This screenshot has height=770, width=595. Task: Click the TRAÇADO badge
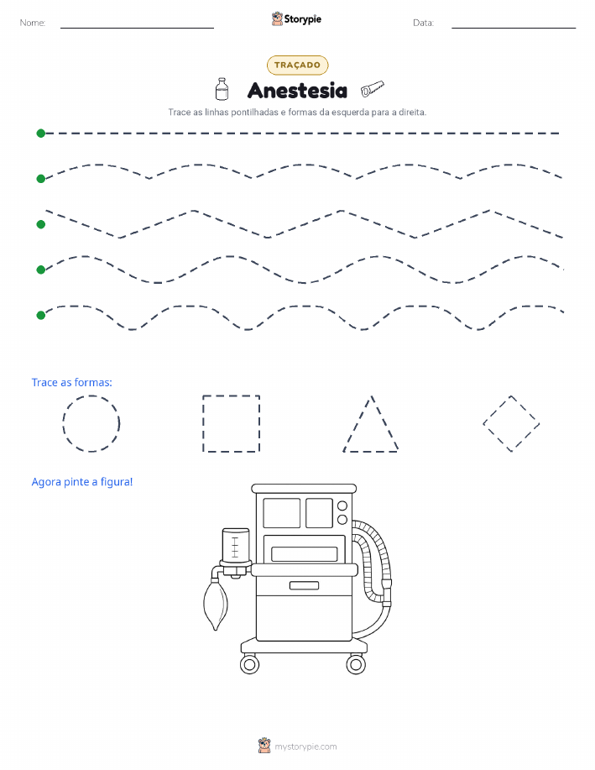point(297,65)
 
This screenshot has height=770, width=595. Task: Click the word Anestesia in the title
point(297,91)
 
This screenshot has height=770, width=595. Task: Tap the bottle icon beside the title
point(222,89)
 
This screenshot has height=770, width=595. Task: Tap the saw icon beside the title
point(372,88)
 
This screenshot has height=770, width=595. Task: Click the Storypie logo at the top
point(296,19)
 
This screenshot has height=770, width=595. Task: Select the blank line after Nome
point(137,28)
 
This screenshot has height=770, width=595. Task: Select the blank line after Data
point(514,28)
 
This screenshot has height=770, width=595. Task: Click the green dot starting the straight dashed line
point(41,133)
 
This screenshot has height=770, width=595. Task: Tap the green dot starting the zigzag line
point(41,224)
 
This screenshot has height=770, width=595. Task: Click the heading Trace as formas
point(71,383)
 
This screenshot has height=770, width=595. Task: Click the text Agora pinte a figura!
point(82,482)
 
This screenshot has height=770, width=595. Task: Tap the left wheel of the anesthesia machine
point(249,665)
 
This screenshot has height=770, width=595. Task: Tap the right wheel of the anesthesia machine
point(356,665)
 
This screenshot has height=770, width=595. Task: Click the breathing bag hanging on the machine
point(216,604)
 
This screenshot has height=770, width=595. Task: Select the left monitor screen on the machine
point(282,513)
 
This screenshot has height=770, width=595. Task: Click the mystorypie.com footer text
point(305,747)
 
